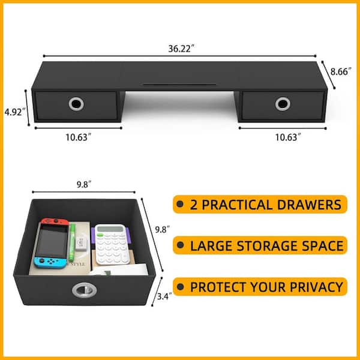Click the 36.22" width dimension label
(181, 49)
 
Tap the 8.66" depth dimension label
(341, 71)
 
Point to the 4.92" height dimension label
(14, 112)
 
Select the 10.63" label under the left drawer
(78, 137)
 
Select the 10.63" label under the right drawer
(288, 137)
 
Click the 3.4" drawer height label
(164, 296)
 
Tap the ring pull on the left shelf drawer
(76, 104)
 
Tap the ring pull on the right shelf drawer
(283, 104)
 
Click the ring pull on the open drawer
(84, 290)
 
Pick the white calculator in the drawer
(112, 244)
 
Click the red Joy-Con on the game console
(55, 221)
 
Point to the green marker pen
(72, 242)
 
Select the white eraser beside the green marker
(81, 244)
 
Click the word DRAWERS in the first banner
(309, 205)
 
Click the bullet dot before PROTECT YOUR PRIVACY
(181, 287)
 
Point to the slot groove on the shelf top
(179, 85)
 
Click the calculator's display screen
(110, 229)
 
